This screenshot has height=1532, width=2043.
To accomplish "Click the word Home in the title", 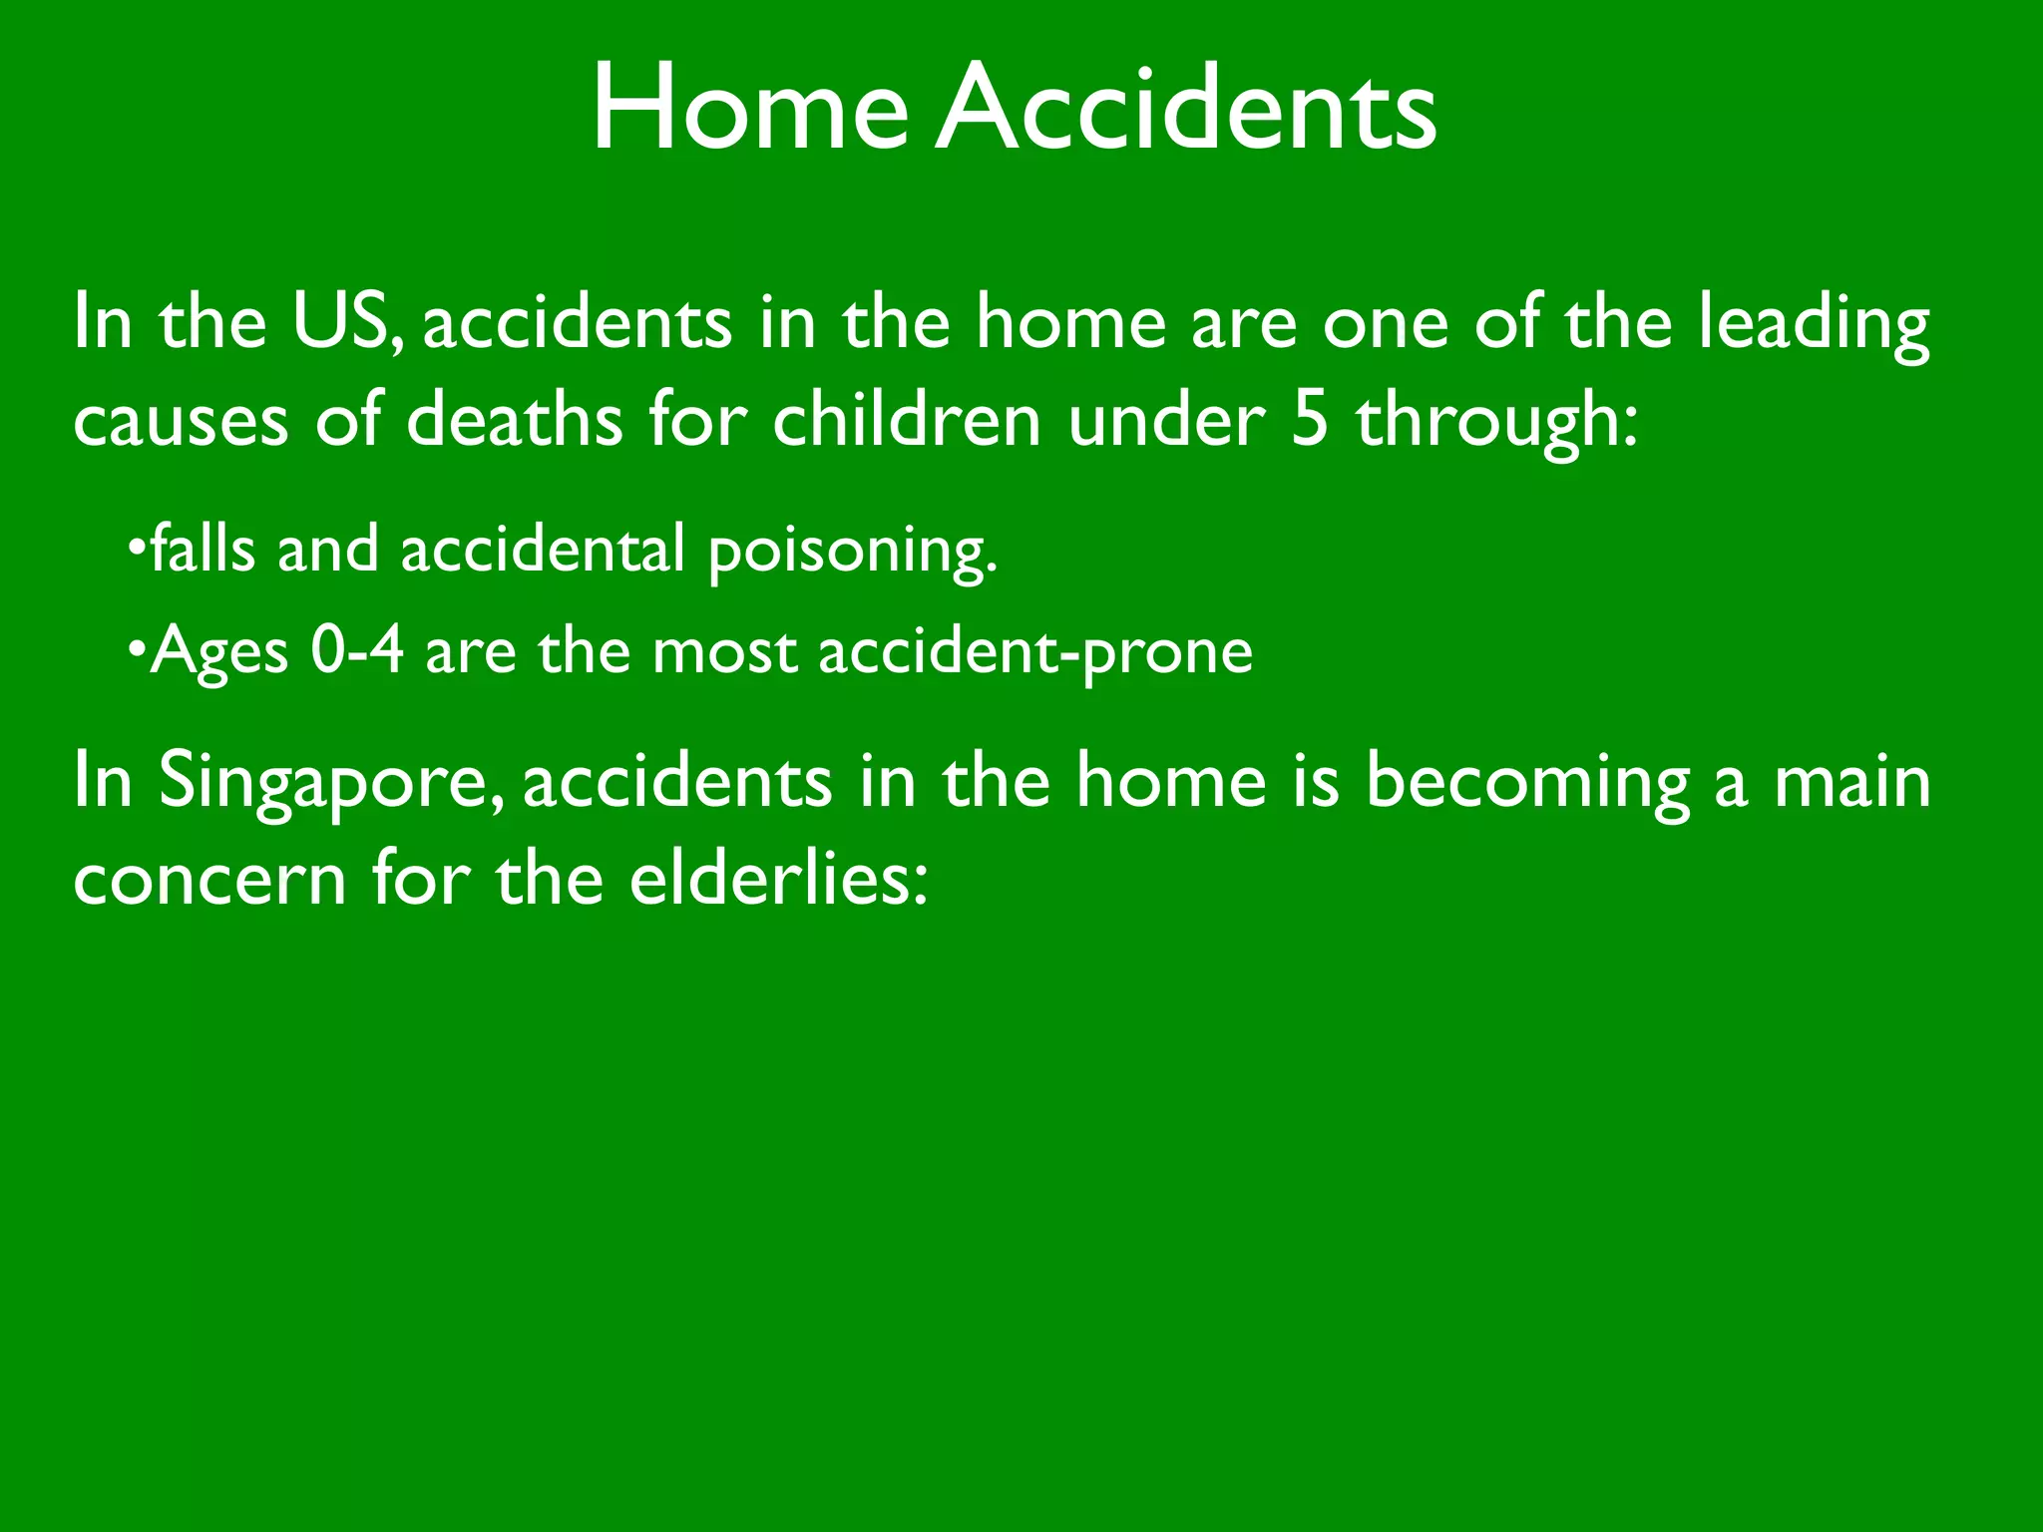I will click(x=749, y=107).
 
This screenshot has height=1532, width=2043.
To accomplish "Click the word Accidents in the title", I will click(x=1186, y=107).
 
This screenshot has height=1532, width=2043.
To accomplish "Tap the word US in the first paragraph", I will click(x=340, y=322).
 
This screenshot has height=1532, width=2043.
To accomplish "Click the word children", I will click(x=906, y=419).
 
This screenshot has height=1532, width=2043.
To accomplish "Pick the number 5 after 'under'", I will click(x=1310, y=419).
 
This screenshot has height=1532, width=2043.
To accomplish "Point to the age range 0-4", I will click(x=356, y=650).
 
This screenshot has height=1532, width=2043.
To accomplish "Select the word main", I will click(x=1851, y=781).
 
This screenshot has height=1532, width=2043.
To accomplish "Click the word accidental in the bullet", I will click(x=542, y=549).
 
